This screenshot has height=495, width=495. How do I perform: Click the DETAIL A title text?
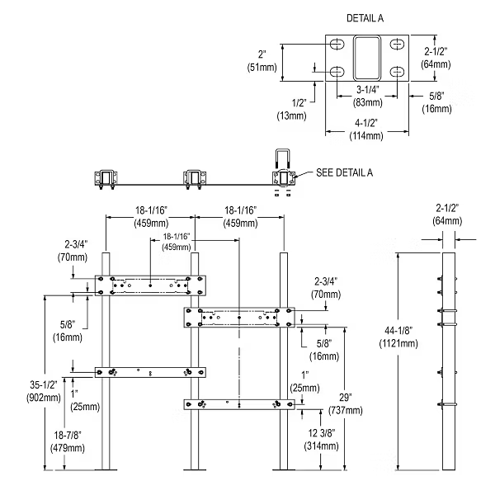pyautogui.click(x=363, y=16)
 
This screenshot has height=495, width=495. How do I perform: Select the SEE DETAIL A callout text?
pyautogui.click(x=346, y=172)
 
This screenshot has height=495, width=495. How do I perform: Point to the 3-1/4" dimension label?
pyautogui.click(x=367, y=90)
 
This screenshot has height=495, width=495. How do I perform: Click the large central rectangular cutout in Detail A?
pyautogui.click(x=368, y=57)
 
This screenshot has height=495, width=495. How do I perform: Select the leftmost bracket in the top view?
pyautogui.click(x=107, y=177)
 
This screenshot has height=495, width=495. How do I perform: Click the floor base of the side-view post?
pyautogui.click(x=449, y=472)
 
